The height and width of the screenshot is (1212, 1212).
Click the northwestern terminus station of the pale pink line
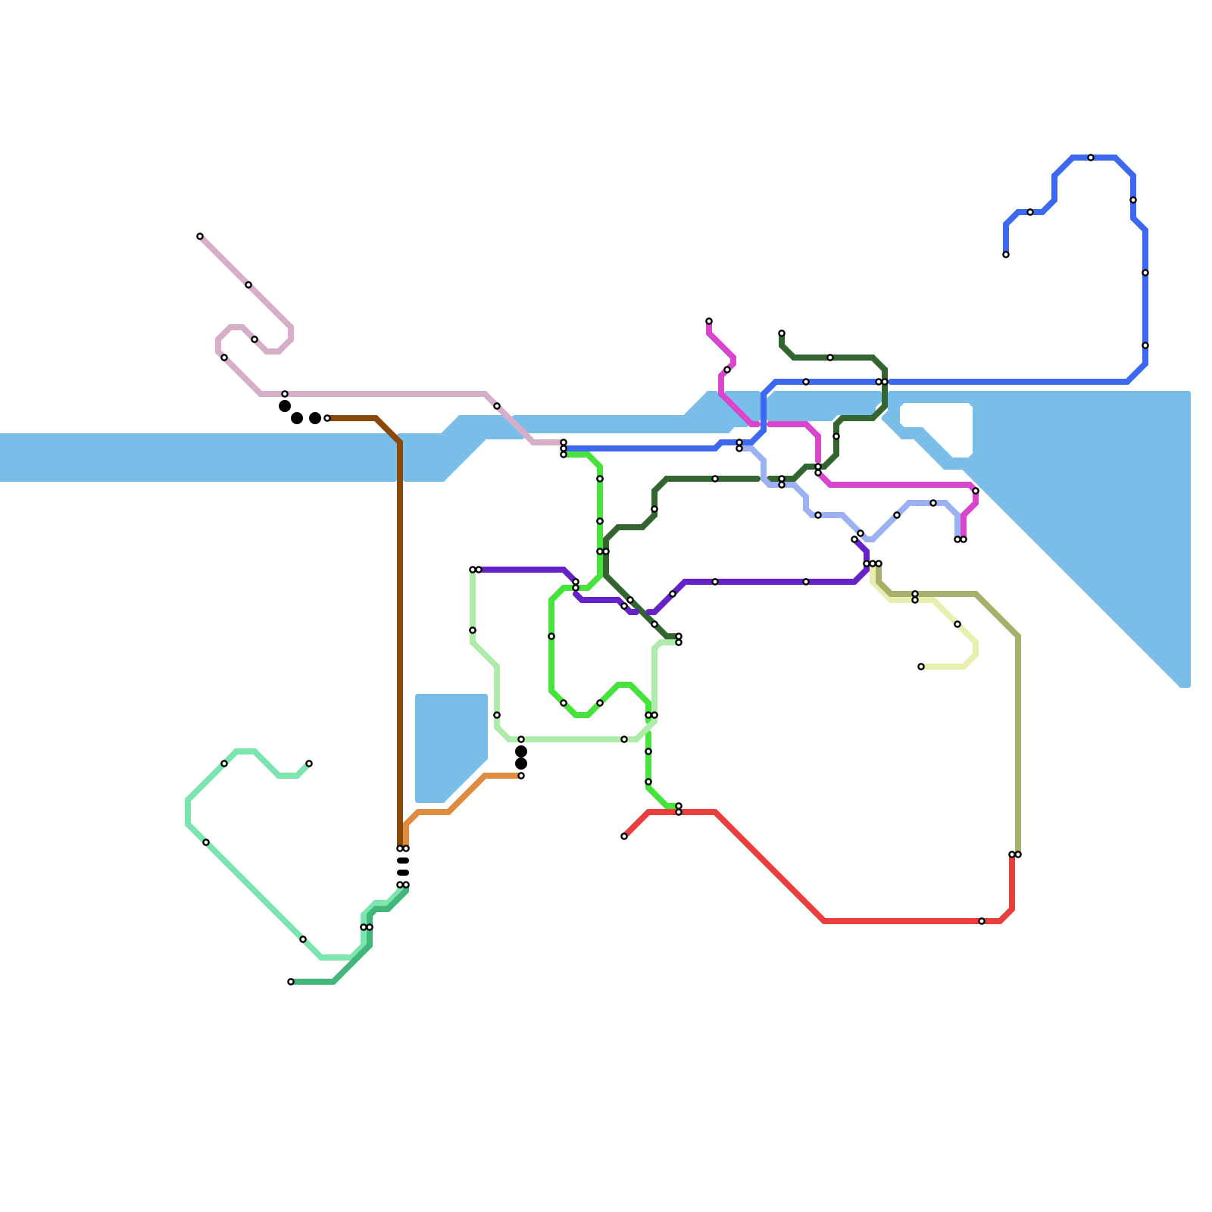(200, 236)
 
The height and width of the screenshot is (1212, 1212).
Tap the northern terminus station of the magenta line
(709, 321)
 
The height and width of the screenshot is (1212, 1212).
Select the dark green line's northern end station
(782, 333)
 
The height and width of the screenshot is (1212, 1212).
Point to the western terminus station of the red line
(624, 836)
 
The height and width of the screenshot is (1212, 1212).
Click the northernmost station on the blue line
(1091, 158)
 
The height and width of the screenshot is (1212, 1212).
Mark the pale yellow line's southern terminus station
(921, 667)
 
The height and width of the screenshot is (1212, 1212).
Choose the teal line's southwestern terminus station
(291, 982)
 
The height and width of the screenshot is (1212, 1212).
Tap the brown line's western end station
(327, 418)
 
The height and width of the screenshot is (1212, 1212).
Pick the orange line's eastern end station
(521, 776)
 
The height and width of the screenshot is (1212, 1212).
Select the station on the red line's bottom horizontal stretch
(982, 921)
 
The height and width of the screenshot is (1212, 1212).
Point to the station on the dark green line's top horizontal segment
(830, 358)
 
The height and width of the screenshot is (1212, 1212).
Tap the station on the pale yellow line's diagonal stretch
(957, 624)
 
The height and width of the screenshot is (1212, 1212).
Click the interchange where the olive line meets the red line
(1015, 854)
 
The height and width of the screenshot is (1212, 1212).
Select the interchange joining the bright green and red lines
(679, 809)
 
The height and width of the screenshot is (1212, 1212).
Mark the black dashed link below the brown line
(403, 867)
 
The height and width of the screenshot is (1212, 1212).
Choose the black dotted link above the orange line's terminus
(521, 757)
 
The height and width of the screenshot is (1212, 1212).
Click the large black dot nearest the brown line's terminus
(314, 418)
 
